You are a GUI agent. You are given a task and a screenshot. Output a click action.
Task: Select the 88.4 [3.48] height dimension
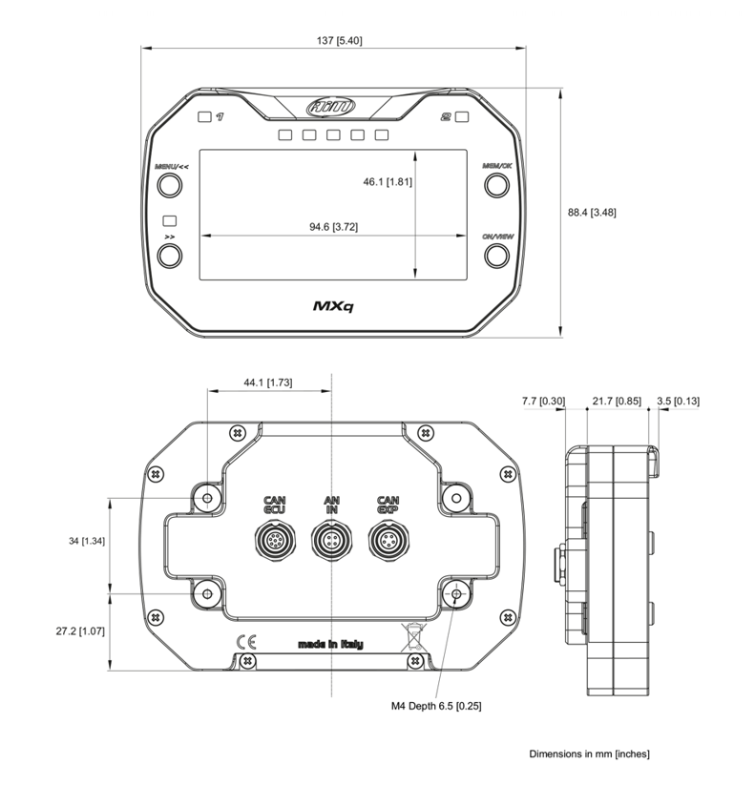[591, 213]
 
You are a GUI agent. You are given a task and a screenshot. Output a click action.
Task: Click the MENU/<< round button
[170, 185]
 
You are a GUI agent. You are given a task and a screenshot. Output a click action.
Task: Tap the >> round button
[170, 255]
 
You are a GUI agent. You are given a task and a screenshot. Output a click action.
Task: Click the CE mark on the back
[245, 642]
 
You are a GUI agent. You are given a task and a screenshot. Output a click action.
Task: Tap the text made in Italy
[330, 645]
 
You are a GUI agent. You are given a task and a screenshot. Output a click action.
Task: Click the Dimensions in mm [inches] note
[589, 754]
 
